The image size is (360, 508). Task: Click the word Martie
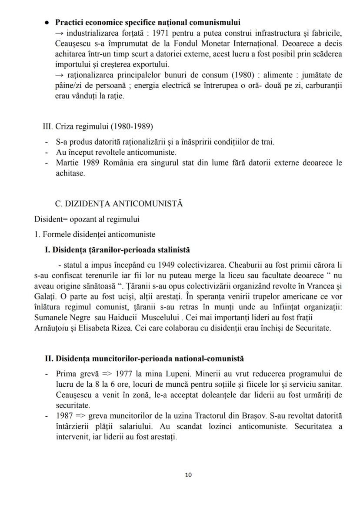[x=66, y=163]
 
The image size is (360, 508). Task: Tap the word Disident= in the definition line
[x=50, y=219]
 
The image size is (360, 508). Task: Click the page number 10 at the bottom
[x=188, y=475]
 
